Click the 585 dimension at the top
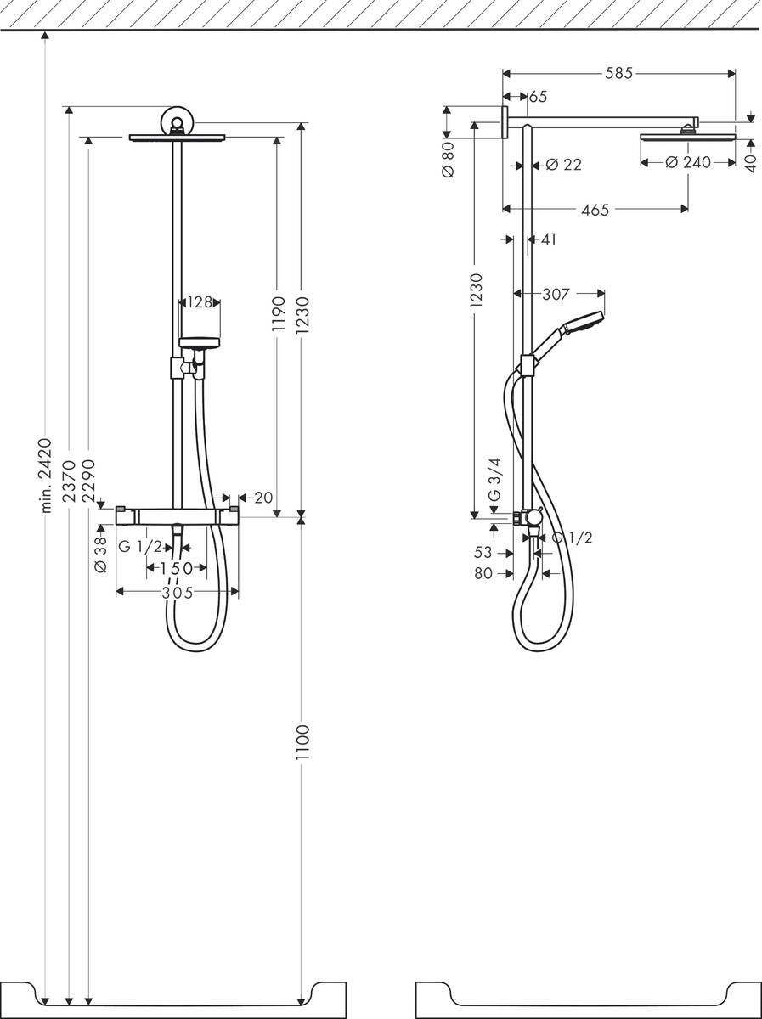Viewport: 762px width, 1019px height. (618, 74)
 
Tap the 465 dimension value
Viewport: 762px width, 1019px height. (595, 209)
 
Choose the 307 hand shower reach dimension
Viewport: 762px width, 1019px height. (556, 295)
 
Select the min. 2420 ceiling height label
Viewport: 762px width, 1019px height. (46, 475)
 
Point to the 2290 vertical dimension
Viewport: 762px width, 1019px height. (89, 481)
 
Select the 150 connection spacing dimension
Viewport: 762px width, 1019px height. (176, 568)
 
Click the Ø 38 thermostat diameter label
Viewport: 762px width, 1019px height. (101, 554)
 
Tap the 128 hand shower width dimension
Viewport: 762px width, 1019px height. (200, 301)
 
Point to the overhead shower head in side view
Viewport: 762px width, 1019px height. (686, 136)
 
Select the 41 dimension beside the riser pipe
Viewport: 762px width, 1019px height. (547, 239)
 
